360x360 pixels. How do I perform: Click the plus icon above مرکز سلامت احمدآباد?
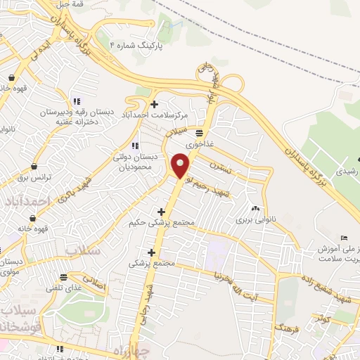[154, 104]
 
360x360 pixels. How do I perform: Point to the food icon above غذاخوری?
[200, 132]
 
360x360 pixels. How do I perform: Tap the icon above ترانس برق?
[34, 167]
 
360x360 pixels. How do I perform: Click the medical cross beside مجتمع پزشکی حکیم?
[161, 212]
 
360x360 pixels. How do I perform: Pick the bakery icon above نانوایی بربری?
[255, 208]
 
